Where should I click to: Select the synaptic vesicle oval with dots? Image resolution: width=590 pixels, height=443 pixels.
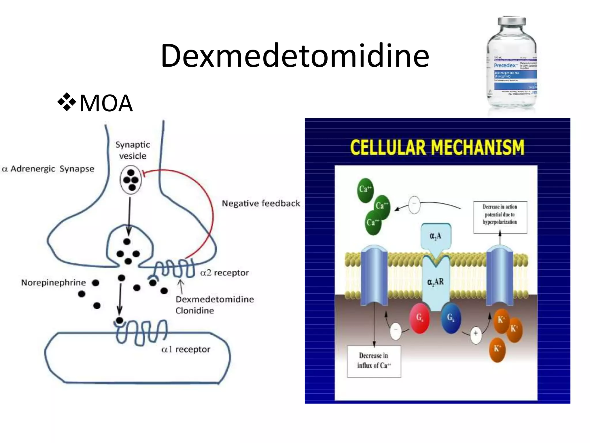pyautogui.click(x=131, y=180)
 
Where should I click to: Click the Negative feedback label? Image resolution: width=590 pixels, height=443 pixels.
pyautogui.click(x=261, y=203)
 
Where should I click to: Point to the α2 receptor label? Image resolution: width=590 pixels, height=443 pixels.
pyautogui.click(x=224, y=273)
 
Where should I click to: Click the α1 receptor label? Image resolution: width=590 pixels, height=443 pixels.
pyautogui.click(x=186, y=349)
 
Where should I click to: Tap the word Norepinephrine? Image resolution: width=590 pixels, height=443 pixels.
pyautogui.click(x=53, y=282)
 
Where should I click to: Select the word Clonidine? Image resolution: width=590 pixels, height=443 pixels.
pyautogui.click(x=195, y=311)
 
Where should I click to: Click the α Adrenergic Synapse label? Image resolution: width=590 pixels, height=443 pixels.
pyautogui.click(x=48, y=169)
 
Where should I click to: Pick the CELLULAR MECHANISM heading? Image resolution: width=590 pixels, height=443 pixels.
pyautogui.click(x=437, y=147)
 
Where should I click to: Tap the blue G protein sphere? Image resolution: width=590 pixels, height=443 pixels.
pyautogui.click(x=451, y=318)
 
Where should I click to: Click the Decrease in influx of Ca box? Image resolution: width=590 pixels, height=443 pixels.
pyautogui.click(x=374, y=361)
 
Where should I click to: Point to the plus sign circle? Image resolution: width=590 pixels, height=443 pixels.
pyautogui.click(x=476, y=333)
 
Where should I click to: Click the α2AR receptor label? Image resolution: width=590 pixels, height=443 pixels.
pyautogui.click(x=435, y=282)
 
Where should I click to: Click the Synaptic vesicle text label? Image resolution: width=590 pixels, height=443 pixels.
pyautogui.click(x=133, y=150)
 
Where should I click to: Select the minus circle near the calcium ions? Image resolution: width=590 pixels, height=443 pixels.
pyautogui.click(x=414, y=204)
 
